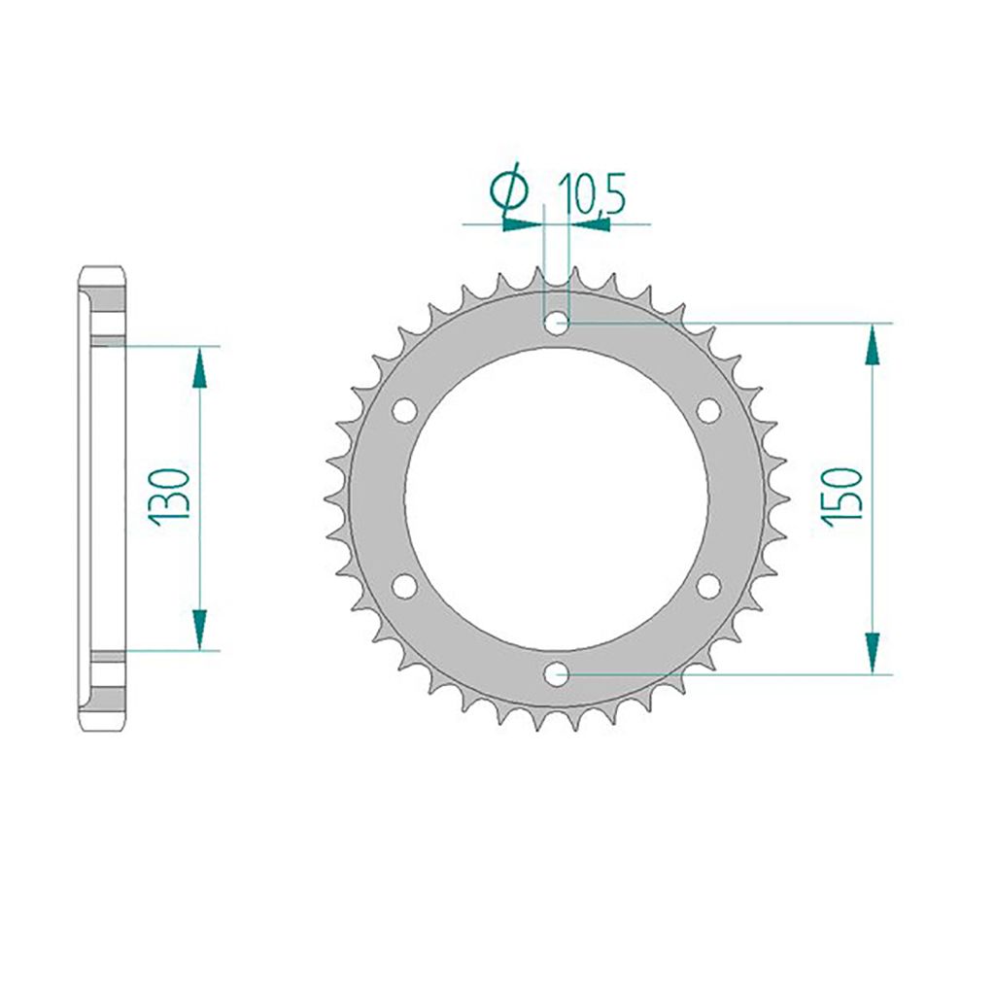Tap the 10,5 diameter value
click(x=592, y=192)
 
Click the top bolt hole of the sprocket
click(x=557, y=324)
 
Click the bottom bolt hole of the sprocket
click(x=557, y=673)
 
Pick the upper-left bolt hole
click(x=405, y=411)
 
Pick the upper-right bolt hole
click(x=708, y=411)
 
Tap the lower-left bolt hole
click(x=405, y=586)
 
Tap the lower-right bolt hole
click(x=708, y=586)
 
